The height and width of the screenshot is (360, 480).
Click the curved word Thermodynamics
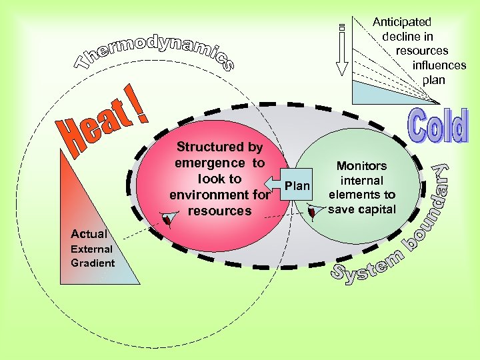coord(153,50)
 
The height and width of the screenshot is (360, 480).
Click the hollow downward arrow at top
coord(342,50)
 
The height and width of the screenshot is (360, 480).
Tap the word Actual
coord(89,234)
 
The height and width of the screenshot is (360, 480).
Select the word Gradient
coord(93,263)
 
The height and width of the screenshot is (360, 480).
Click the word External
coord(91,249)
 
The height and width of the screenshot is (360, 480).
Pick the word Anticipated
coord(402,22)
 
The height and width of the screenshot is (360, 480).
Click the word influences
coord(439,65)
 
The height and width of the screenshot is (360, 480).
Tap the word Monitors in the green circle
coord(361,166)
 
